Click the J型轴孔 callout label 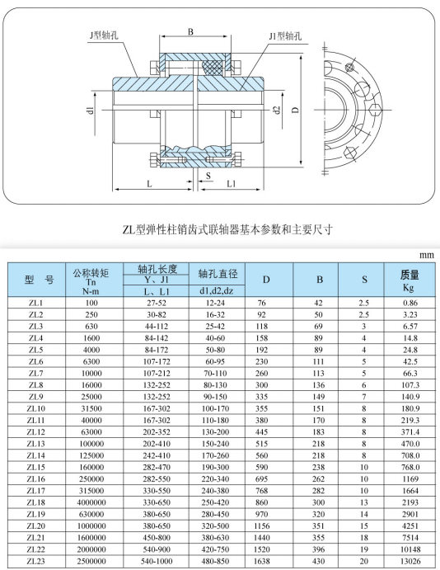pos(104,35)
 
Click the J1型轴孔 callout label pos(285,36)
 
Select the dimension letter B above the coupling pos(191,32)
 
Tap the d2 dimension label pos(277,110)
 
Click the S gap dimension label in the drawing pos(208,176)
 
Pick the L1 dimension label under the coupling pos(232,184)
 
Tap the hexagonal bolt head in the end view pos(375,109)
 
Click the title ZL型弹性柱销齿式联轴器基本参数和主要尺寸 pos(227,230)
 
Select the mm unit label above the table pos(427,256)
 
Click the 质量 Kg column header pos(410,280)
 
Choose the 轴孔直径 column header pos(217,274)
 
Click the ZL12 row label pos(36,432)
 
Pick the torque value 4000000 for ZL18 pos(91,502)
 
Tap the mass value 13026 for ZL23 pos(410,561)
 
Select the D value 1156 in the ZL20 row pos(262,525)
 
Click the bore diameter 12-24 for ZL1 pos(215,303)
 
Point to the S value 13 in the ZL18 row pos(364,502)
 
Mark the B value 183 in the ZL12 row pos(318,432)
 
